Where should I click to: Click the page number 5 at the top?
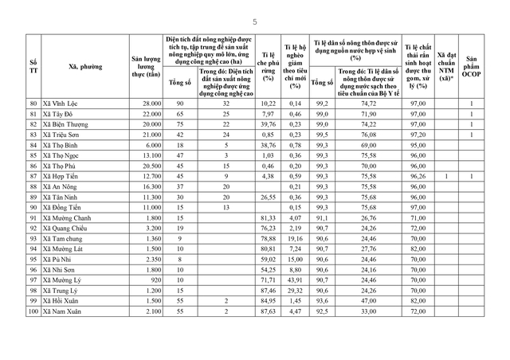tap(255, 22)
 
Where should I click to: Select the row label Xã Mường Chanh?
tap(70, 217)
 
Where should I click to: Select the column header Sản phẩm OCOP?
tap(472, 67)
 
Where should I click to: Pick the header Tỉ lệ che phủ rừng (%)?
tap(269, 67)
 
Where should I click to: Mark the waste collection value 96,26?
tap(415, 176)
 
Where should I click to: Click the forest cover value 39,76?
tap(269, 124)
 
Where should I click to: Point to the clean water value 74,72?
tap(367, 104)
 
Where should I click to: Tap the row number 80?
tap(33, 104)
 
